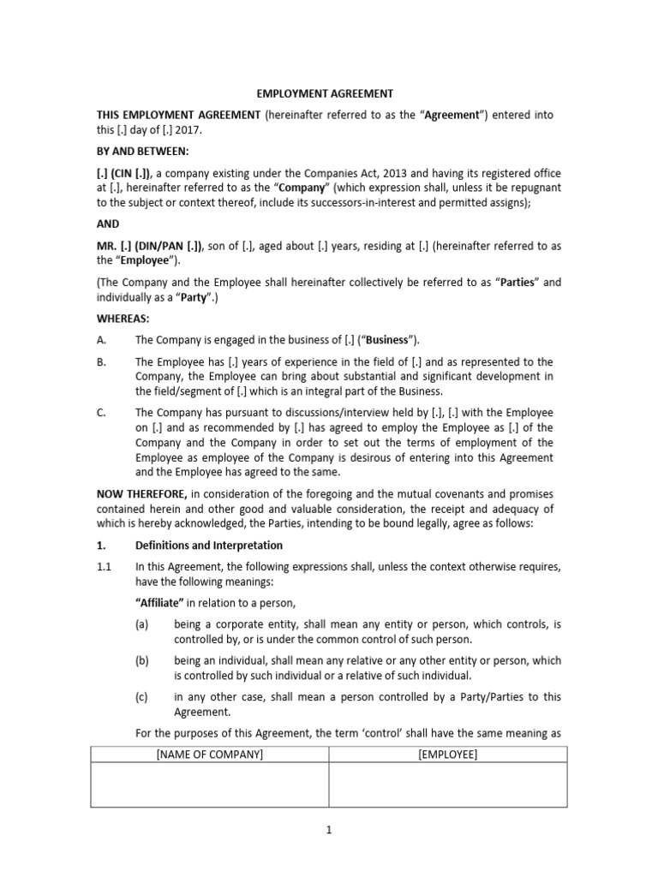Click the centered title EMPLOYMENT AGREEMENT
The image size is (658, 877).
click(x=328, y=93)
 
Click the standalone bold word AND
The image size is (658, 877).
click(x=108, y=225)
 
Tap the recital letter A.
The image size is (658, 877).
click(x=101, y=340)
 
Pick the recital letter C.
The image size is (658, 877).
click(x=101, y=413)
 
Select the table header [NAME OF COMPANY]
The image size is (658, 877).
click(x=210, y=755)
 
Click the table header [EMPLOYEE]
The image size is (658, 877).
click(x=447, y=755)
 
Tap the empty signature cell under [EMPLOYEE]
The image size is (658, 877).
click(x=447, y=785)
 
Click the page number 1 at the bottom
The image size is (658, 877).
click(x=328, y=842)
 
